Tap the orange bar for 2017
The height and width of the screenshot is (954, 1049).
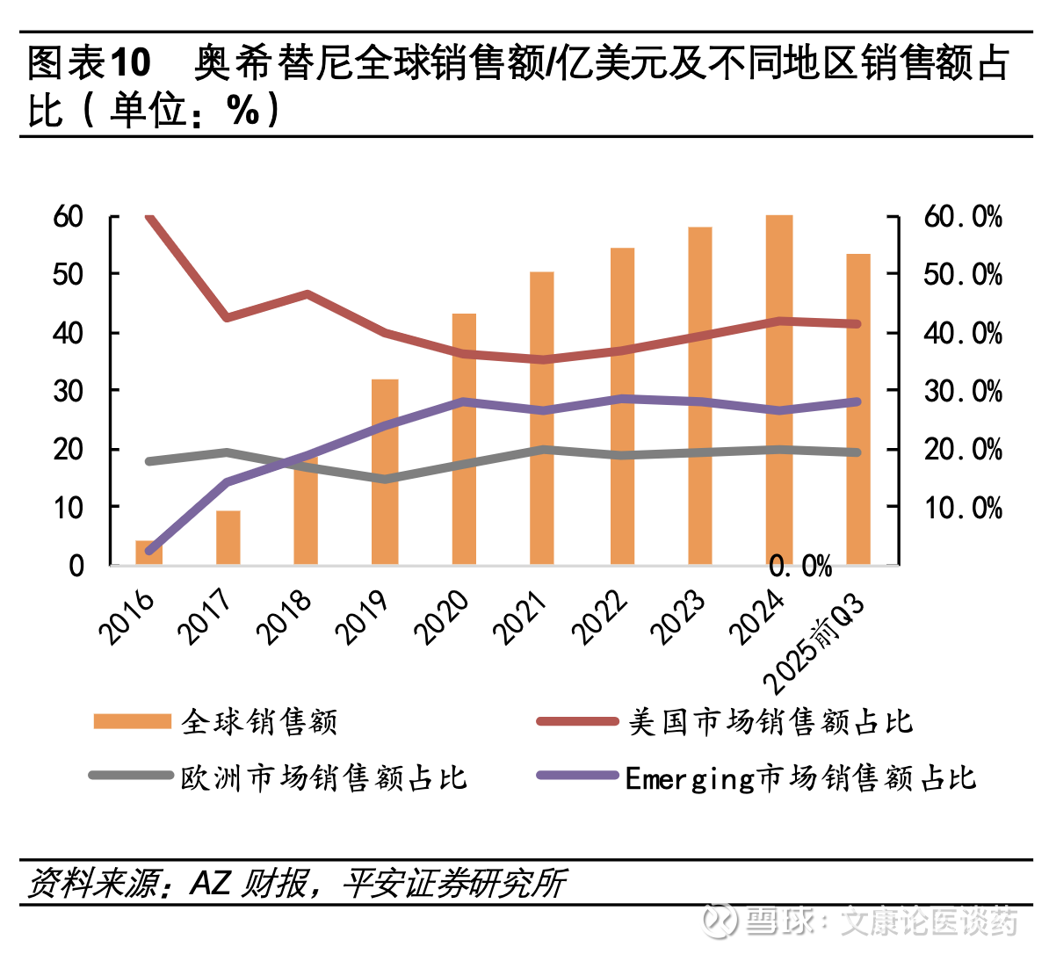click(x=228, y=537)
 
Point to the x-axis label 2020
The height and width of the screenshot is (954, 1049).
click(x=442, y=618)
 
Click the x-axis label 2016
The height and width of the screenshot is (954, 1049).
click(x=127, y=618)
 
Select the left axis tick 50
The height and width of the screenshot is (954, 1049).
click(x=68, y=274)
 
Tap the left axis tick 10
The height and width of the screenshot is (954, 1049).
click(x=68, y=507)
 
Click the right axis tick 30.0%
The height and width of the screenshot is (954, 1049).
click(x=963, y=391)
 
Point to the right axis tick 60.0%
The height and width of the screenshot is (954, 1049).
click(x=963, y=217)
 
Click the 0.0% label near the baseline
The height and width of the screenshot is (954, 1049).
click(x=800, y=567)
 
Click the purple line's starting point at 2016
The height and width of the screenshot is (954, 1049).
click(x=149, y=551)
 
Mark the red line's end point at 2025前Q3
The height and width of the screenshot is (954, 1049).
click(x=857, y=324)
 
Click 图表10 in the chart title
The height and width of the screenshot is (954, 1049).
click(x=89, y=63)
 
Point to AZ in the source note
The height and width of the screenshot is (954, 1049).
click(x=211, y=882)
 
